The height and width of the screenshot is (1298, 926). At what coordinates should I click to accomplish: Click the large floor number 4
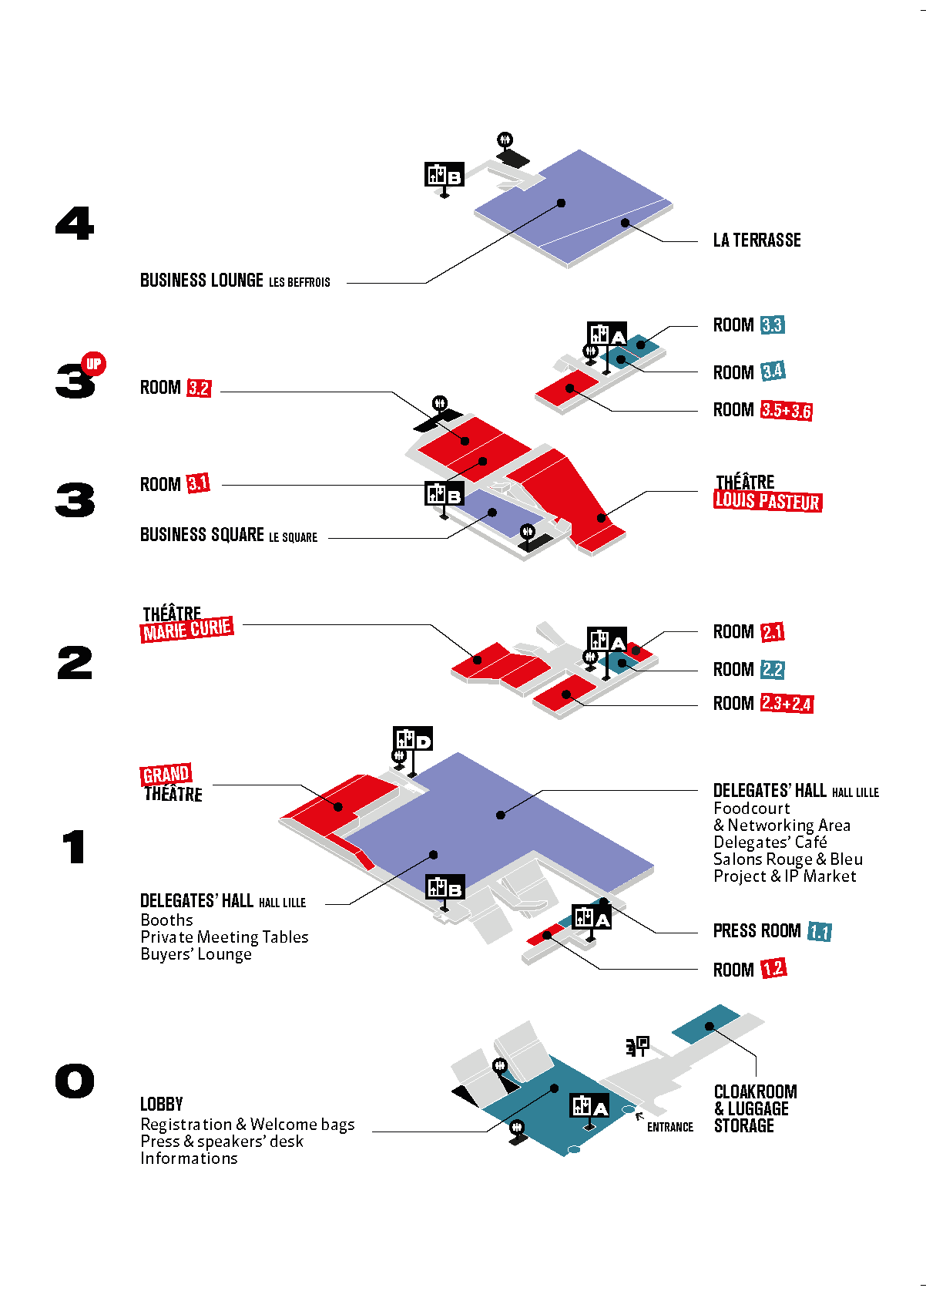(75, 223)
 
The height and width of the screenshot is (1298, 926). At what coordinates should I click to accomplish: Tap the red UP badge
(93, 364)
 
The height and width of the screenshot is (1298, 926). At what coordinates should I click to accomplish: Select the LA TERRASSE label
(757, 240)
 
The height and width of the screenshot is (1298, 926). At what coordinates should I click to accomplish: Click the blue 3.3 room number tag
(773, 324)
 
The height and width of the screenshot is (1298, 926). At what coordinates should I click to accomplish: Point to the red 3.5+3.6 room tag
(787, 410)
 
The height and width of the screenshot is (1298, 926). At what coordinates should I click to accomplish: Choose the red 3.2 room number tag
(199, 388)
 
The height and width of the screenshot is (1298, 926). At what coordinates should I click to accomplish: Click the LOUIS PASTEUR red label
(767, 501)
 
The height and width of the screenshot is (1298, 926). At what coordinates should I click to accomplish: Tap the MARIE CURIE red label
(186, 629)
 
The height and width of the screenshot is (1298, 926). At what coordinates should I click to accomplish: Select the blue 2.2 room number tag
(772, 669)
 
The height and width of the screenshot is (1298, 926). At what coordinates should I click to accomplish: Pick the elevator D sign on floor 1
(413, 740)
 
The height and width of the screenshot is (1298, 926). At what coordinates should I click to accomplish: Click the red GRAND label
(166, 774)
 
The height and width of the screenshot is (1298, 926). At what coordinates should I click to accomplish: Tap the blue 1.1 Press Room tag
(820, 931)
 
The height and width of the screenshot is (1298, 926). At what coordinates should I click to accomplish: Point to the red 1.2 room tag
(773, 968)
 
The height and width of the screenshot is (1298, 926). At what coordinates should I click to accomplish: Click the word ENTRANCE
(670, 1126)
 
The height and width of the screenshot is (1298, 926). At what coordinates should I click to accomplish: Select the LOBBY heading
(162, 1104)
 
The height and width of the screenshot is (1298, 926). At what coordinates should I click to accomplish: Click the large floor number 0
(75, 1081)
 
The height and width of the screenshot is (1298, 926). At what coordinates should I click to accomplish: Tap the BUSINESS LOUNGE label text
(202, 281)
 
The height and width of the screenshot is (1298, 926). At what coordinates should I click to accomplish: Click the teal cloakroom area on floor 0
(706, 1024)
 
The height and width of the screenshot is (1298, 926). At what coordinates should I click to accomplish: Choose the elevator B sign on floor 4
(445, 175)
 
